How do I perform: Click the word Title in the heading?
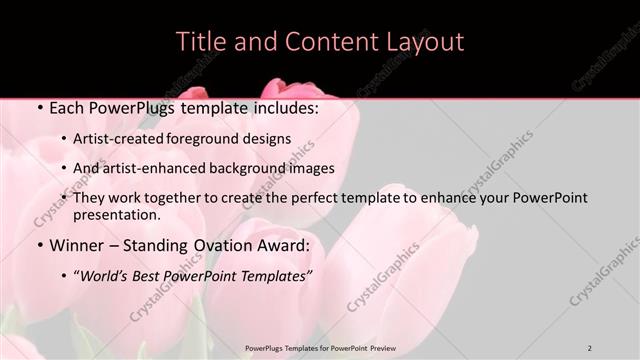(x=198, y=42)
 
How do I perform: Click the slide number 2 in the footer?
(x=590, y=347)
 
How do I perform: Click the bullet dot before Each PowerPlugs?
(x=38, y=108)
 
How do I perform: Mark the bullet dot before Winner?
(x=38, y=245)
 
